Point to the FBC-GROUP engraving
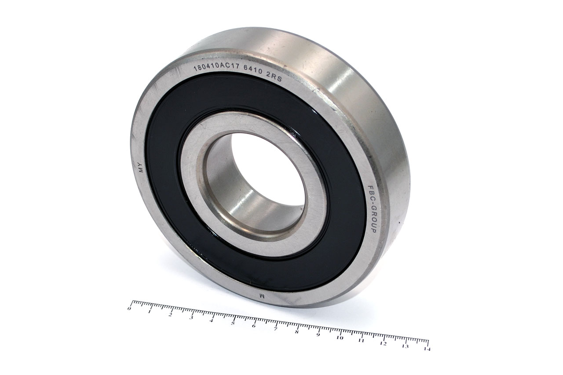pyautogui.click(x=372, y=209)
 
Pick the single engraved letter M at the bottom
pyautogui.click(x=262, y=296)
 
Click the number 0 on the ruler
pyautogui.click(x=129, y=309)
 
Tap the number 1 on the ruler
pyautogui.click(x=150, y=312)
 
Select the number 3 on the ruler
pyautogui.click(x=191, y=318)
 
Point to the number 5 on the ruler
pyautogui.click(x=233, y=323)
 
